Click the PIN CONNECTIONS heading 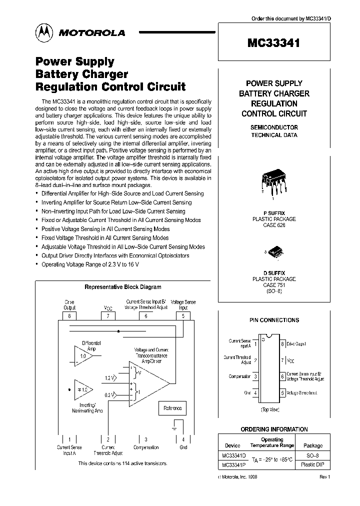274,320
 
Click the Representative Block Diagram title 123,287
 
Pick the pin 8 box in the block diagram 69,315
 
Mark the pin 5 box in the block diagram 183,315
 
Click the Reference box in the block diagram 172,408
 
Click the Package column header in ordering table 313,445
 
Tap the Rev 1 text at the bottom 324,477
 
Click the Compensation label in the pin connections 240,376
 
